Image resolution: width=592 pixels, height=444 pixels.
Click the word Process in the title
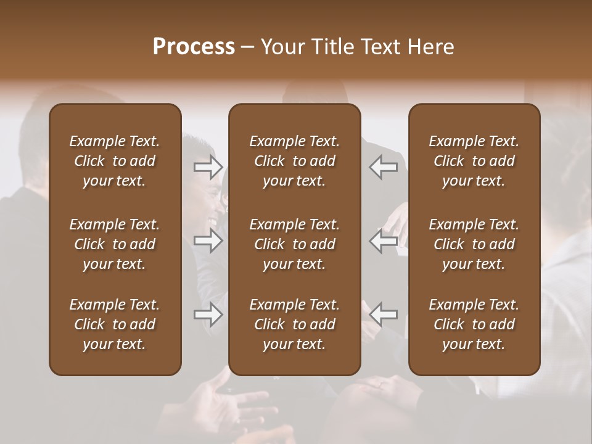[194, 47]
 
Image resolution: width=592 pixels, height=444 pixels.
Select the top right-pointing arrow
[208, 166]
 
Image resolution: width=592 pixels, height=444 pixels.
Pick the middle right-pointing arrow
[208, 241]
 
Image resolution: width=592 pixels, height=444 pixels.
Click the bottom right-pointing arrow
[208, 314]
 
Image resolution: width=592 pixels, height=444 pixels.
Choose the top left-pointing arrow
[384, 166]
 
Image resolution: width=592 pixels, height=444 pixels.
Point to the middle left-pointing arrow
[384, 241]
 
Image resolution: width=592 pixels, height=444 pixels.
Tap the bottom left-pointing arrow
[384, 314]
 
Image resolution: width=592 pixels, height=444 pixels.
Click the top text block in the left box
[115, 161]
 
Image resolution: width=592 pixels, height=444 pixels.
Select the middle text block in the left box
[115, 244]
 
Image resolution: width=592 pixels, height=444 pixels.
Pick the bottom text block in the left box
[115, 324]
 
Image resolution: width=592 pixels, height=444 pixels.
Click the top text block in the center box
[295, 161]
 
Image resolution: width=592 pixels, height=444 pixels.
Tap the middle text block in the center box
[295, 244]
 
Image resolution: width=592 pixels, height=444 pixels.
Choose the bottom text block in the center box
[295, 324]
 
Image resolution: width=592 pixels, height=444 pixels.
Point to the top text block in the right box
[474, 161]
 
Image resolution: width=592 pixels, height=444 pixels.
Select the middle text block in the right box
[474, 244]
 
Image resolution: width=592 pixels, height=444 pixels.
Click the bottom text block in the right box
[474, 324]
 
